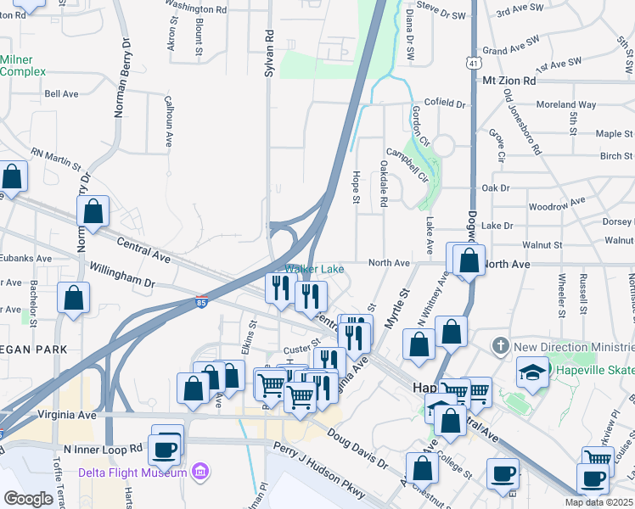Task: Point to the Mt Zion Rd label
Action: click(509, 81)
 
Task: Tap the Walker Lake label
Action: click(314, 270)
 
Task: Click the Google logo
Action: click(28, 499)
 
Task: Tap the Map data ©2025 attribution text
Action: click(599, 502)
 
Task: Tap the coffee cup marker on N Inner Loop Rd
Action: click(165, 450)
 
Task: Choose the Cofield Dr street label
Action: click(440, 104)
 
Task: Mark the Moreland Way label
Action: click(566, 105)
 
